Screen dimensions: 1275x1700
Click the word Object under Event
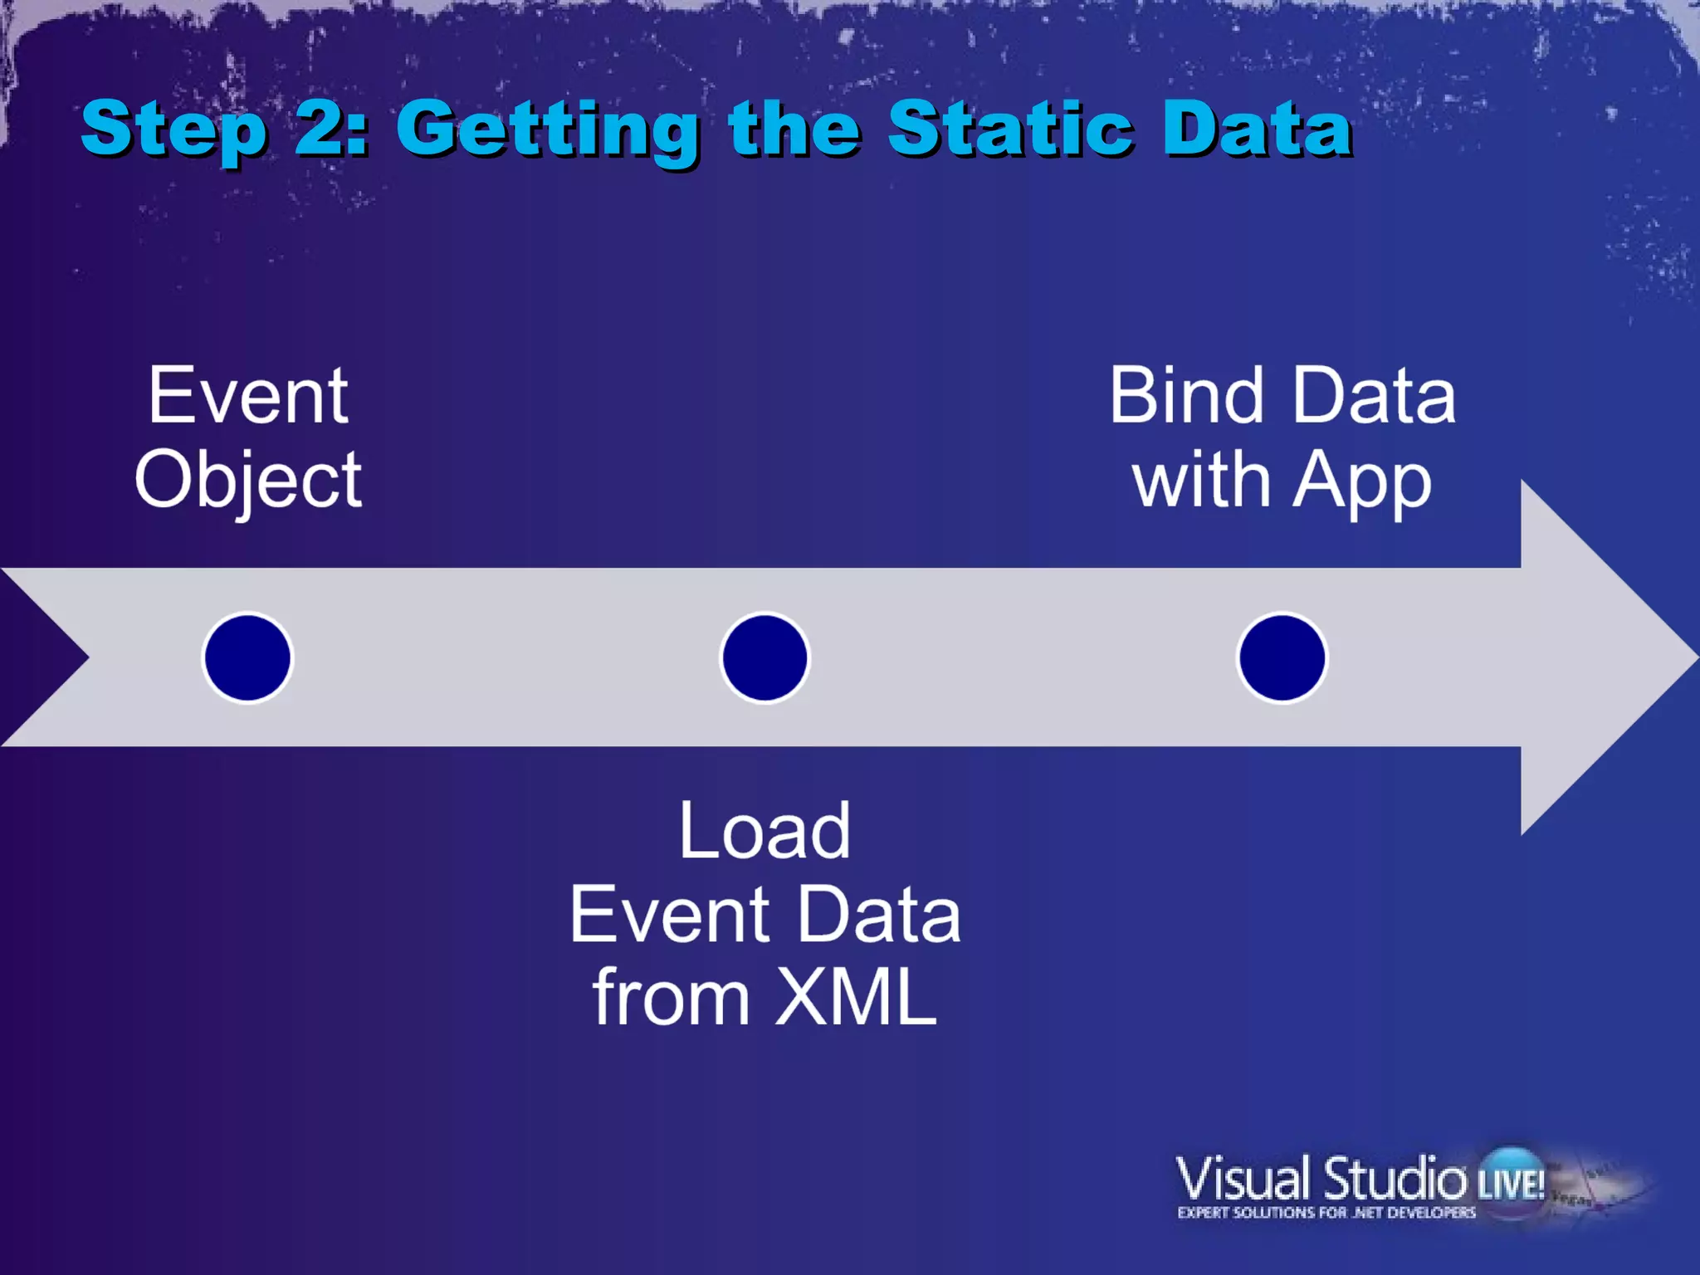[x=248, y=481]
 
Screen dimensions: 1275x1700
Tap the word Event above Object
[x=248, y=396]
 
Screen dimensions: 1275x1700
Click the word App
[x=1361, y=481]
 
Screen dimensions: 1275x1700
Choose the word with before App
[x=1201, y=481]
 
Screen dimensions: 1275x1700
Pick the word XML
[x=855, y=998]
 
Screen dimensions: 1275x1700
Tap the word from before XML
[x=671, y=998]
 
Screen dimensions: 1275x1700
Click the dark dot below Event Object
[x=247, y=657]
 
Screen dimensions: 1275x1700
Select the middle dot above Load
[x=765, y=657]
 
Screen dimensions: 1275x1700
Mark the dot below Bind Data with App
[x=1282, y=657]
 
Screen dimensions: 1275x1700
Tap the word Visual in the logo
[x=1243, y=1178]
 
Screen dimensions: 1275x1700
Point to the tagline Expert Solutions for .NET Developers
[x=1326, y=1213]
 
